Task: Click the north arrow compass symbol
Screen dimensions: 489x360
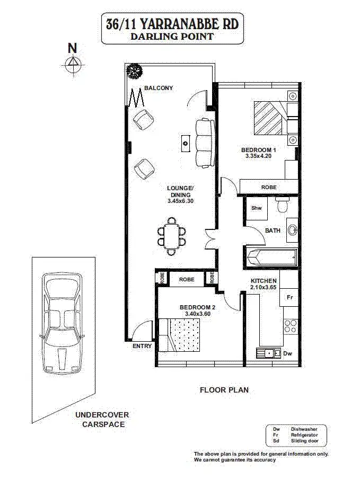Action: coord(72,64)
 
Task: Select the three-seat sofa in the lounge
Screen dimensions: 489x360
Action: coord(204,143)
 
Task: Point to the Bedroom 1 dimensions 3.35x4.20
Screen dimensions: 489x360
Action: coord(258,156)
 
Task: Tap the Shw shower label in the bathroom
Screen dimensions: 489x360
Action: coord(257,208)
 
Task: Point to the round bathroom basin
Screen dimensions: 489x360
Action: coord(293,230)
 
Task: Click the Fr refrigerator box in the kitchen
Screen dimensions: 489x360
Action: coord(290,298)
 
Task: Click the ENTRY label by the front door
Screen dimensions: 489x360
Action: coord(142,346)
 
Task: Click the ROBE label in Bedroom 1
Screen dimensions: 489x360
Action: coord(268,188)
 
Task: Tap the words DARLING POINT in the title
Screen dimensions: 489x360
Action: coord(172,37)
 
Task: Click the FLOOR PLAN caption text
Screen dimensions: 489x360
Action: coord(224,390)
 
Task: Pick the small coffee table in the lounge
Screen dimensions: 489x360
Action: coord(185,142)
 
